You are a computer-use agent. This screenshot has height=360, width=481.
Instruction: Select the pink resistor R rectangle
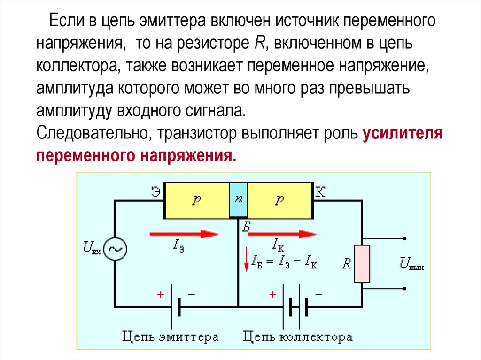pyautogui.click(x=362, y=263)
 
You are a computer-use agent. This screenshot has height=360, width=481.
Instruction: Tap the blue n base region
pyautogui.click(x=238, y=199)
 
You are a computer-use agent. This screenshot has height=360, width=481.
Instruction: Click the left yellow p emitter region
pyautogui.click(x=196, y=200)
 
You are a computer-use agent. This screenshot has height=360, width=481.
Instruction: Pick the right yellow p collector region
pyautogui.click(x=280, y=200)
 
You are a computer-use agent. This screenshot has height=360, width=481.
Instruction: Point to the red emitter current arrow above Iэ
pyautogui.click(x=184, y=234)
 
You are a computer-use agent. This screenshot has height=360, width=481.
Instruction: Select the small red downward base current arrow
pyautogui.click(x=246, y=264)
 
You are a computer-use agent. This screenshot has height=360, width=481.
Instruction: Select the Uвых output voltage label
pyautogui.click(x=412, y=263)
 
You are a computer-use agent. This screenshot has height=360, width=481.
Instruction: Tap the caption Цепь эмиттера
pyautogui.click(x=171, y=337)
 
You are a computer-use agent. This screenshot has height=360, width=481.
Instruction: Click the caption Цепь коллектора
pyautogui.click(x=298, y=337)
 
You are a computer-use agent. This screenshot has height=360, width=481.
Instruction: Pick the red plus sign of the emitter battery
pyautogui.click(x=160, y=295)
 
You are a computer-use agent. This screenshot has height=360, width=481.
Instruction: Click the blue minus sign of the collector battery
pyautogui.click(x=319, y=294)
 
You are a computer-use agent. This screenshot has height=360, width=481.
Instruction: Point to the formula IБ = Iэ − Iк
pyautogui.click(x=284, y=261)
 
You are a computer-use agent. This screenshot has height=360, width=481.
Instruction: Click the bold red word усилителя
pyautogui.click(x=403, y=133)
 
